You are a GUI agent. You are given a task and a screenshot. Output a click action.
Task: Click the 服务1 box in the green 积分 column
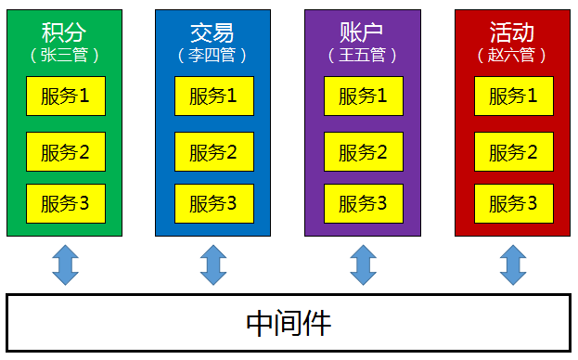[65, 96]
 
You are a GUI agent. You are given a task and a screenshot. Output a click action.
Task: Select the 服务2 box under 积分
[65, 151]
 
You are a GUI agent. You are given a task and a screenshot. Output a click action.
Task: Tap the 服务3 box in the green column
[65, 204]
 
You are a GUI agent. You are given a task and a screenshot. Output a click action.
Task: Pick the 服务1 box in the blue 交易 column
[213, 96]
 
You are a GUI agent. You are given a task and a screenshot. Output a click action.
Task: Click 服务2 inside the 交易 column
[213, 151]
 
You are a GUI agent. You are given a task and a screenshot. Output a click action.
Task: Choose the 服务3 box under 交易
[213, 204]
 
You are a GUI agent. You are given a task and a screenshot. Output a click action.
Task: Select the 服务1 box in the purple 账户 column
[363, 96]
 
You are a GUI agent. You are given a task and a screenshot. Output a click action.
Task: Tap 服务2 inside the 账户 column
[363, 151]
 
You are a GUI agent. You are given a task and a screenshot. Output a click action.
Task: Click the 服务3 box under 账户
[363, 204]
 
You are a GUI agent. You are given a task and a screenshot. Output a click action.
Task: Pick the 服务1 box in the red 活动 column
[513, 96]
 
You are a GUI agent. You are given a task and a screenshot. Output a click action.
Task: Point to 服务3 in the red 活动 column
[513, 204]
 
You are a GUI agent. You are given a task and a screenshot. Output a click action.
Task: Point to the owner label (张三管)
[64, 55]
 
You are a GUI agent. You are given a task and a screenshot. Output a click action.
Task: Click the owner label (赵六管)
[512, 55]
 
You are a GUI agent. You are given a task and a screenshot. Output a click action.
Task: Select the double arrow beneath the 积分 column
[65, 264]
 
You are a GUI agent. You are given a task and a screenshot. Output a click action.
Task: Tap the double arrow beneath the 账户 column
[363, 264]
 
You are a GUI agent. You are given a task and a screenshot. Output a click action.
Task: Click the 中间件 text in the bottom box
[289, 323]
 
